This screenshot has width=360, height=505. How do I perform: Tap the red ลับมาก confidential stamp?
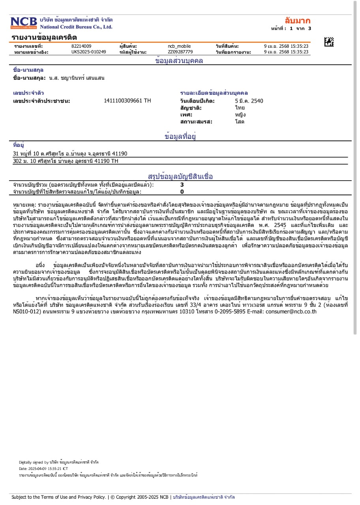pyautogui.click(x=298, y=21)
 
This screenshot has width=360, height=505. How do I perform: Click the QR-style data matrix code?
pyautogui.click(x=329, y=42)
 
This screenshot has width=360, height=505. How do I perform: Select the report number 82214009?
pyautogui.click(x=81, y=46)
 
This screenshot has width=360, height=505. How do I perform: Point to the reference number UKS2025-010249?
pyautogui.click(x=88, y=52)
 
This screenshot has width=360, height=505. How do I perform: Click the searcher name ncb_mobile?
pyautogui.click(x=179, y=46)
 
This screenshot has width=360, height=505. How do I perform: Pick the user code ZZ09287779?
pyautogui.click(x=180, y=52)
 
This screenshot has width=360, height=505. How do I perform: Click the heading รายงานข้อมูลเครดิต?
pyautogui.click(x=44, y=37)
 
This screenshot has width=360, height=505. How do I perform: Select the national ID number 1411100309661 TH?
pyautogui.click(x=127, y=101)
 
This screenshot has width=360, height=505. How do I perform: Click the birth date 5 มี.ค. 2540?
pyautogui.click(x=249, y=101)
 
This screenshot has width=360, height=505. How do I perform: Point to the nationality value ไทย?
pyautogui.click(x=240, y=108)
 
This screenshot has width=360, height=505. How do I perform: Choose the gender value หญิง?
pyautogui.click(x=240, y=115)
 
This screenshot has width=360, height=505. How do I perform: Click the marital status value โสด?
pyautogui.click(x=240, y=122)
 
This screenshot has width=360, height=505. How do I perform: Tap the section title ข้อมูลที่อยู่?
pyautogui.click(x=180, y=137)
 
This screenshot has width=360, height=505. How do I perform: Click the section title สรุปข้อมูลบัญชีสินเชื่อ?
pyautogui.click(x=180, y=176)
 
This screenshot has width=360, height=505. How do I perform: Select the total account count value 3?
pyautogui.click(x=182, y=185)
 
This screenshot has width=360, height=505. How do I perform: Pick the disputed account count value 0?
pyautogui.click(x=182, y=192)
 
